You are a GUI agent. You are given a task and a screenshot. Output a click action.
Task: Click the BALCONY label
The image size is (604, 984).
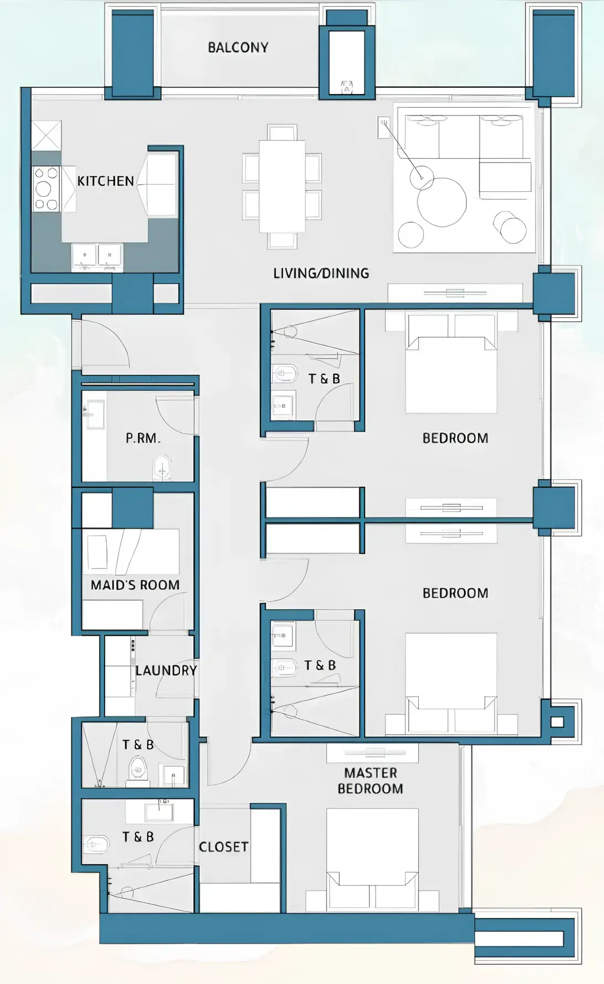pyautogui.click(x=238, y=48)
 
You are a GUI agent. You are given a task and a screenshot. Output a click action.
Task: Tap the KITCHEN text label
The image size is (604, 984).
pyautogui.click(x=106, y=181)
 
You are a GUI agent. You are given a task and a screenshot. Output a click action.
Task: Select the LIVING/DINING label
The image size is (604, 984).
pyautogui.click(x=321, y=273)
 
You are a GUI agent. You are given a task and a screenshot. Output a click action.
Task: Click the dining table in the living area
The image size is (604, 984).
pyautogui.click(x=282, y=186)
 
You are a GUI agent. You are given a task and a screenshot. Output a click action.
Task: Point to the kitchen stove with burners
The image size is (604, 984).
pyautogui.click(x=46, y=189)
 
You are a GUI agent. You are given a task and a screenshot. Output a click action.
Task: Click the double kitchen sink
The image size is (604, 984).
pyautogui.click(x=97, y=256)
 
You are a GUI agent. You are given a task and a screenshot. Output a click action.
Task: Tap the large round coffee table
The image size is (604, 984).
pyautogui.click(x=442, y=202)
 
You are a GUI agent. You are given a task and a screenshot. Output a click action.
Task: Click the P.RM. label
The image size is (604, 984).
pyautogui.click(x=143, y=438)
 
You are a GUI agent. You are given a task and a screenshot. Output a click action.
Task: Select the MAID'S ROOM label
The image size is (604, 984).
pyautogui.click(x=135, y=585)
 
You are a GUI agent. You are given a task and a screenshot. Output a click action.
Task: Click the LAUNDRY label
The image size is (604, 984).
pyautogui.click(x=166, y=671)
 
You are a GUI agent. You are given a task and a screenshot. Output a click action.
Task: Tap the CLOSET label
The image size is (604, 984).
pyautogui.click(x=223, y=847)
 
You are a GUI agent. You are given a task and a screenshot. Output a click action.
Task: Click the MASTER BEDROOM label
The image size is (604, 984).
pyautogui.click(x=371, y=781)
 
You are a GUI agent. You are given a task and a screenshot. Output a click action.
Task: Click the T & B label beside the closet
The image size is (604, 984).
pyautogui.click(x=138, y=837)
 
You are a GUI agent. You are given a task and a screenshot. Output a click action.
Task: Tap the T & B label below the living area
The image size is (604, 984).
pyautogui.click(x=324, y=379)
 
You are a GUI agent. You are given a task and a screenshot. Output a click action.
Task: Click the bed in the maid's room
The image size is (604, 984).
pyautogui.click(x=132, y=551)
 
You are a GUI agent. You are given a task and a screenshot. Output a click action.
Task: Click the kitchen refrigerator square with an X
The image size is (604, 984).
pyautogui.click(x=46, y=135)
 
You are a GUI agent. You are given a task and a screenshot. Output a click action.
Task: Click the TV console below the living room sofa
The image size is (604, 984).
pyautogui.click(x=455, y=292)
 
